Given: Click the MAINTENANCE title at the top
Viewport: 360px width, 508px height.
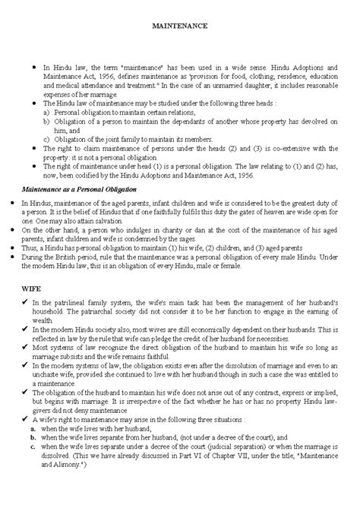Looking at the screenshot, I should pos(180,25).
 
